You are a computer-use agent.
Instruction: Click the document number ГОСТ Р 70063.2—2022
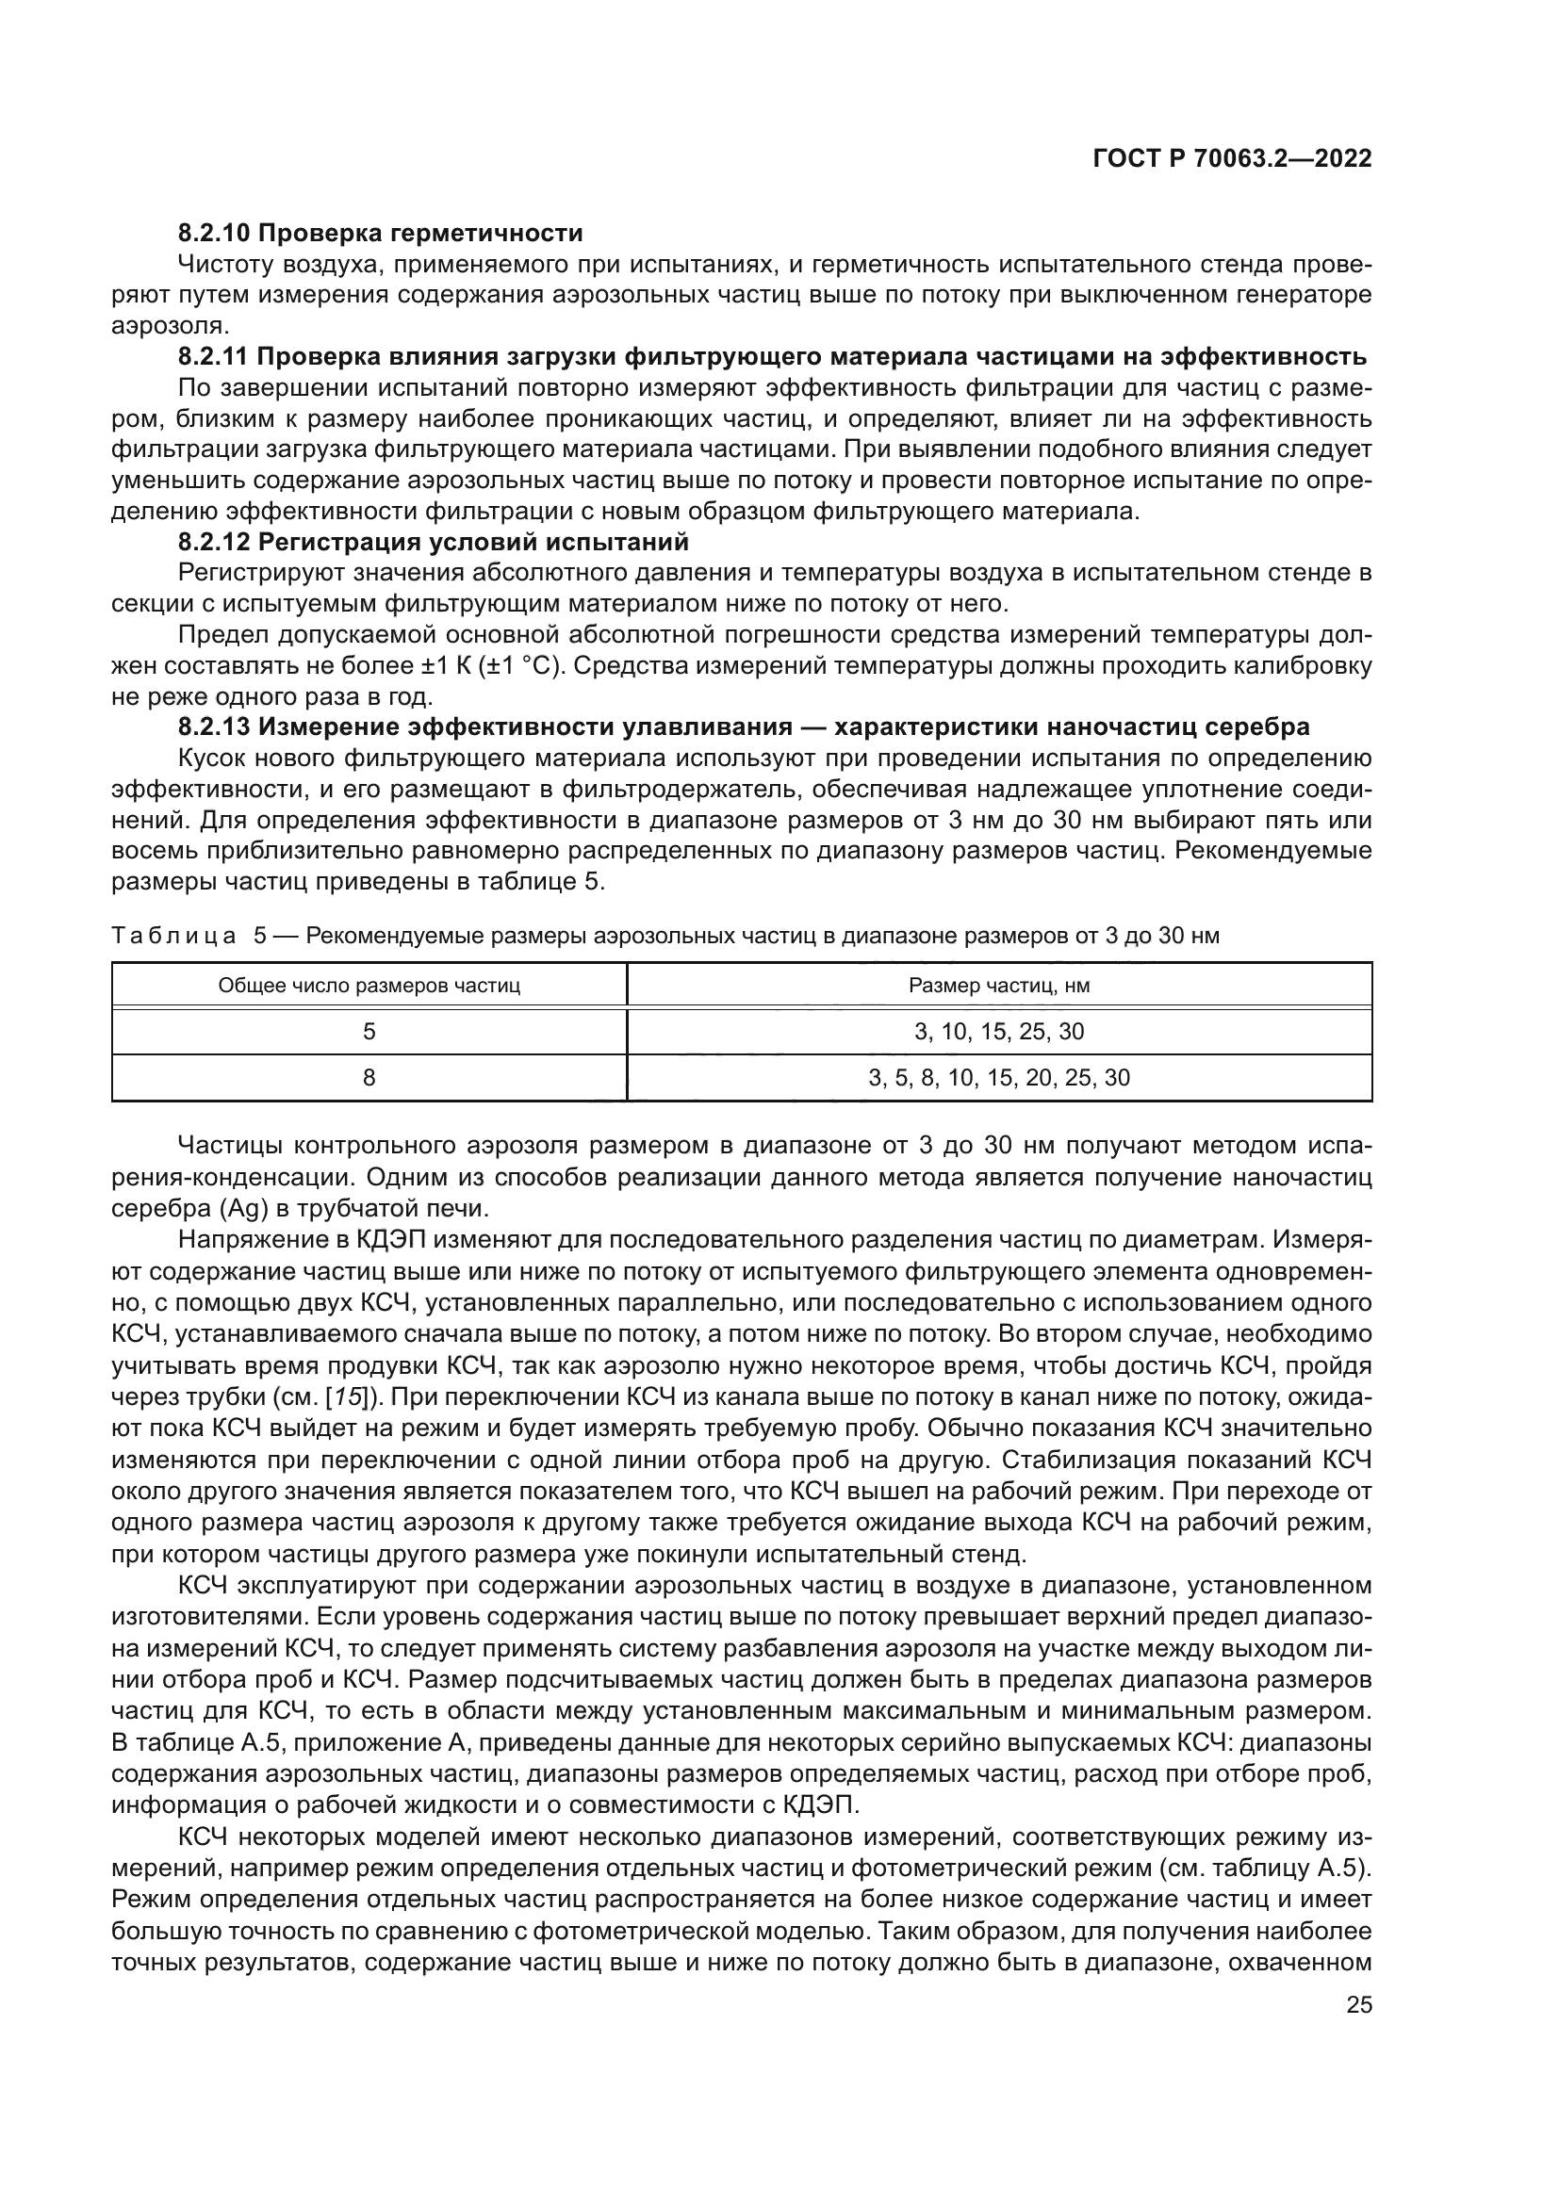[1232, 159]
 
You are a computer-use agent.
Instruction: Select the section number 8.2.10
[215, 234]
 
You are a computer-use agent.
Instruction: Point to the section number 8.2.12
[215, 543]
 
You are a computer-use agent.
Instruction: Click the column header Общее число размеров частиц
[369, 986]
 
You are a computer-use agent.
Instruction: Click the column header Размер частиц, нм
[998, 986]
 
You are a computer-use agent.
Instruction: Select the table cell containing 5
[369, 1032]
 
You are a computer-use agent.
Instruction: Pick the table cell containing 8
[369, 1078]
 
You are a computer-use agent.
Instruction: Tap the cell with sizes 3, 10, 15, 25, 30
[998, 1032]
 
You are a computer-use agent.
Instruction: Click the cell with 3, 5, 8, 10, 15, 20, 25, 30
[998, 1078]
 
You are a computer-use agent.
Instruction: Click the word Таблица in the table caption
[173, 936]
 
